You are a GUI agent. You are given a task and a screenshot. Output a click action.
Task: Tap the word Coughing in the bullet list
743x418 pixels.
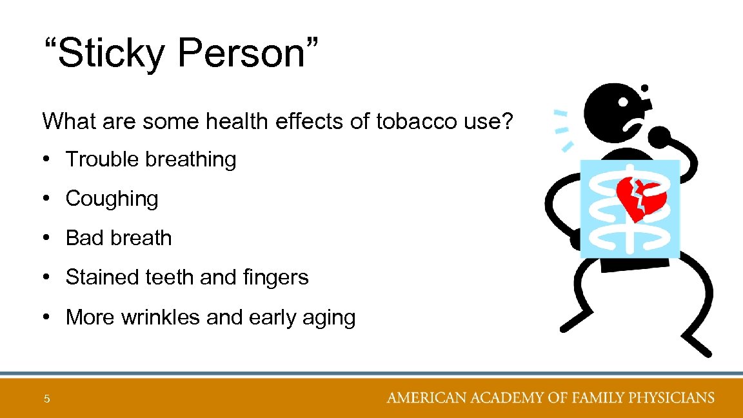click(x=112, y=199)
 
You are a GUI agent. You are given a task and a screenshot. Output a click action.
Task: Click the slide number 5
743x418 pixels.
click(x=46, y=399)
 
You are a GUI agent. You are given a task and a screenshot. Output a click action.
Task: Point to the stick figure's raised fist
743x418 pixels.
click(x=659, y=137)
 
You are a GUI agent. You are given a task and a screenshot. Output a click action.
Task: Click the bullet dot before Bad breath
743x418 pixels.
click(x=47, y=238)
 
